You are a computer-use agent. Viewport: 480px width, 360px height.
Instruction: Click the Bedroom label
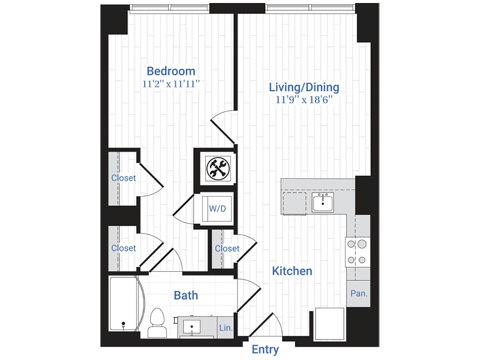pos(171,71)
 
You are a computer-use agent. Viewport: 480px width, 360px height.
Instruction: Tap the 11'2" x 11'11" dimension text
pos(171,85)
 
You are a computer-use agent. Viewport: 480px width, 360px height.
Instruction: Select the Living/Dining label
pos(304,88)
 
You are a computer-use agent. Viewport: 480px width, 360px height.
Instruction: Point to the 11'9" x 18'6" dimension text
pos(304,101)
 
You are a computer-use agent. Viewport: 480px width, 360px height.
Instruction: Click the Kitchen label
pos(292,271)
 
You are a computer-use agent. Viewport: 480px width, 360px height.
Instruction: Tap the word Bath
pos(185,295)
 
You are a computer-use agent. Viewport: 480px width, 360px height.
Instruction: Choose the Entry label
pos(265,350)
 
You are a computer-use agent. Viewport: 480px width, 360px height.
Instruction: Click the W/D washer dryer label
pos(217,209)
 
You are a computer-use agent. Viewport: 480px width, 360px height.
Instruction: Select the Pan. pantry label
pos(358,294)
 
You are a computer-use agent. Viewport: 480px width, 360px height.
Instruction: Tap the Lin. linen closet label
pos(226,328)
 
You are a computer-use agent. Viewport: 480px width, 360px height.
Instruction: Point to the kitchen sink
pos(323,203)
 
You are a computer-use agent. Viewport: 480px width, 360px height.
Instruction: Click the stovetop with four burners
pos(357,252)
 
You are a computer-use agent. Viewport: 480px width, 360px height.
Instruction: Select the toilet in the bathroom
pos(157,323)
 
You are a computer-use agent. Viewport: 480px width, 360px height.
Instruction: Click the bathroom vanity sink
pos(192,326)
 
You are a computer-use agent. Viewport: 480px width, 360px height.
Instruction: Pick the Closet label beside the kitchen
pos(227,248)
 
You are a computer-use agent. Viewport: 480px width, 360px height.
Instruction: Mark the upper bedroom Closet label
pos(124,178)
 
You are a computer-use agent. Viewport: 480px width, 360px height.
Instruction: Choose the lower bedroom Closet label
pos(124,248)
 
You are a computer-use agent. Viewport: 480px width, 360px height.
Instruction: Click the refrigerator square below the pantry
pos(329,324)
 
